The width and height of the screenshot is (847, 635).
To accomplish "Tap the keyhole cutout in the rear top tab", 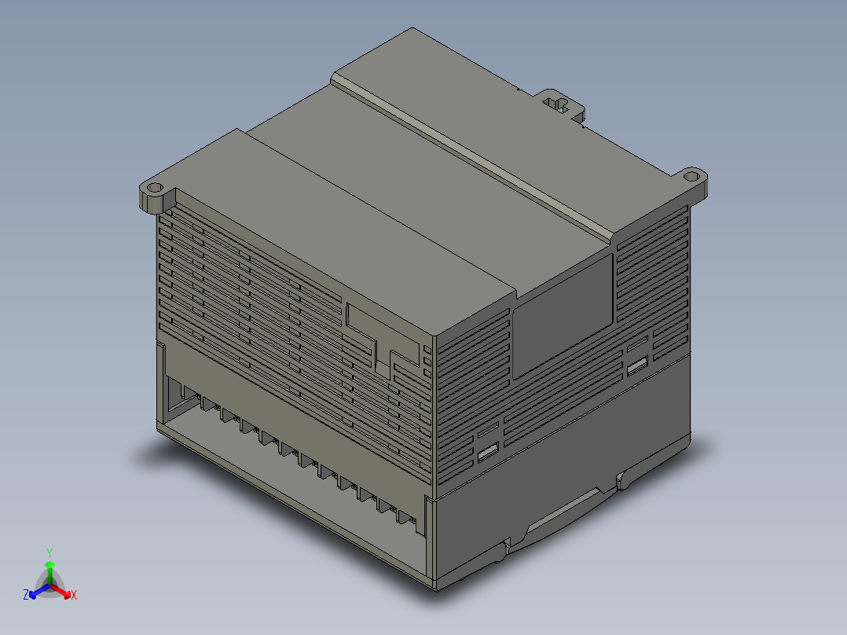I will point(559,105).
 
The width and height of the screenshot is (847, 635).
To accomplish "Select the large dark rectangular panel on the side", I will point(562,314).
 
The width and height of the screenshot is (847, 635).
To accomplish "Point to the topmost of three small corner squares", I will point(427,350).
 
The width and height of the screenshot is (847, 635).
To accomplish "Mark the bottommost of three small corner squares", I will point(427,373).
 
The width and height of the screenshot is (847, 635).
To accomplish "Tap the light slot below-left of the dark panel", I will point(488,451).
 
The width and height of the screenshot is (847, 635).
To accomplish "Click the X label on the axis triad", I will point(73,595).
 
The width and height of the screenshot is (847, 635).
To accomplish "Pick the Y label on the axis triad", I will point(49,552).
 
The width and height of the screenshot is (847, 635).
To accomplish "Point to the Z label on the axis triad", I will point(26,595).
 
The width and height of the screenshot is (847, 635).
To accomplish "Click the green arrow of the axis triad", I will point(49,568).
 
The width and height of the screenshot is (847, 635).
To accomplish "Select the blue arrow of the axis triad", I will point(35,592).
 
